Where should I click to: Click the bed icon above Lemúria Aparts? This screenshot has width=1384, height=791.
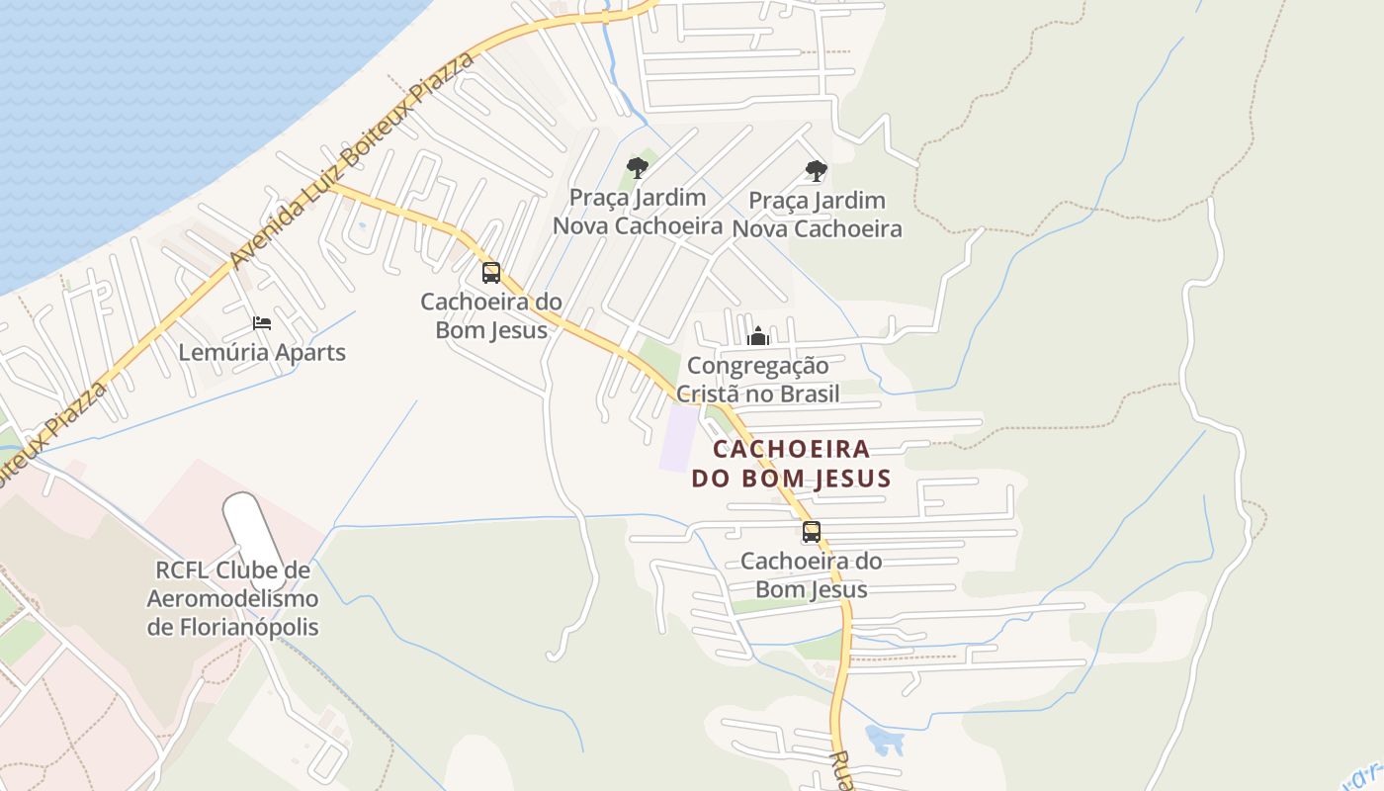pyautogui.click(x=262, y=323)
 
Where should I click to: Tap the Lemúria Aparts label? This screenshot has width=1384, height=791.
pyautogui.click(x=262, y=352)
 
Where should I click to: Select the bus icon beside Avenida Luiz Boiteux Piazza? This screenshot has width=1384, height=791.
pyautogui.click(x=491, y=272)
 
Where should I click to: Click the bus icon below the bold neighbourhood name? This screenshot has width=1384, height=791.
pyautogui.click(x=812, y=532)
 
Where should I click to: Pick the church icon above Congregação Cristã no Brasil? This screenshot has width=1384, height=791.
pyautogui.click(x=758, y=336)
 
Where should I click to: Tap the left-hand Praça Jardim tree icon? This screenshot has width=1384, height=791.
pyautogui.click(x=638, y=168)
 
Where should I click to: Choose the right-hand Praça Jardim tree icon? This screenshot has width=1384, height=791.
pyautogui.click(x=817, y=171)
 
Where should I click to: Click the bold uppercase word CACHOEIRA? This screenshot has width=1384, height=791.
pyautogui.click(x=792, y=450)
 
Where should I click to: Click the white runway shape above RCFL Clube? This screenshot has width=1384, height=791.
pyautogui.click(x=251, y=528)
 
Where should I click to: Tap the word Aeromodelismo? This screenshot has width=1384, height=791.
pyautogui.click(x=233, y=598)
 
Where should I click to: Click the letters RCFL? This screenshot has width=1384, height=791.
pyautogui.click(x=182, y=571)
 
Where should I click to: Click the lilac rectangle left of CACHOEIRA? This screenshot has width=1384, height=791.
pyautogui.click(x=679, y=438)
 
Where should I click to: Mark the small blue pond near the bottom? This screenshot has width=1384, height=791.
pyautogui.click(x=883, y=739)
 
